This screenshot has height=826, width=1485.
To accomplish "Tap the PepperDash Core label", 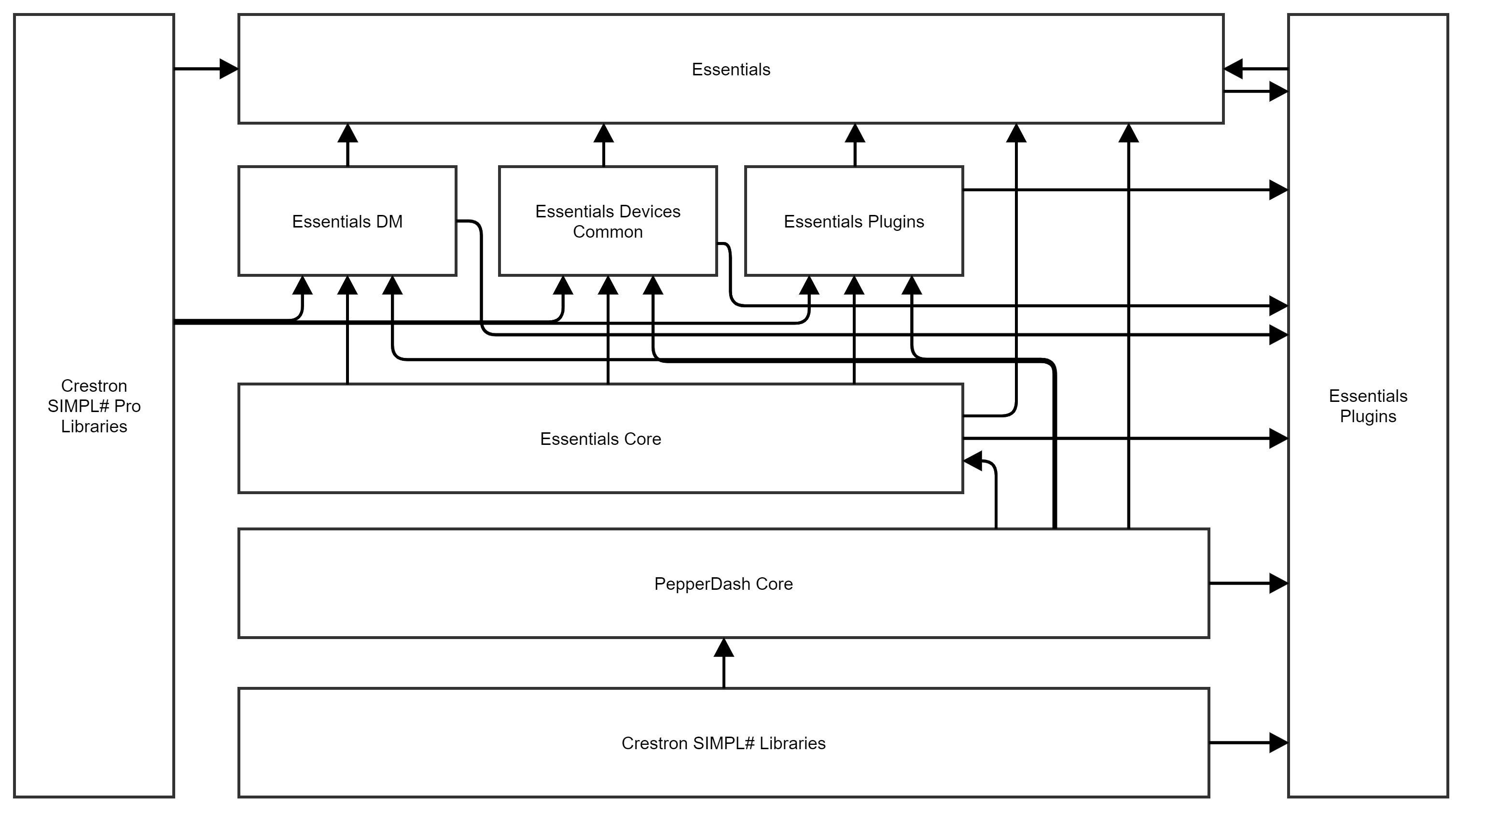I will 723,584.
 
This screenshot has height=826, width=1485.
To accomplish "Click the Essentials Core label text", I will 600,439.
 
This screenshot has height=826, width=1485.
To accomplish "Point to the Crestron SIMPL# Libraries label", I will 723,743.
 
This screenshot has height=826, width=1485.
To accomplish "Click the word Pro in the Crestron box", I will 127,406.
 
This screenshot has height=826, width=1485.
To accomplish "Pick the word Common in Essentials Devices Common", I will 608,232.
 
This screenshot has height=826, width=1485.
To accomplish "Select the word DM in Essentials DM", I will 389,222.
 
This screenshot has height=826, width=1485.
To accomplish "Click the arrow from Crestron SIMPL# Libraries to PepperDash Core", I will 723,663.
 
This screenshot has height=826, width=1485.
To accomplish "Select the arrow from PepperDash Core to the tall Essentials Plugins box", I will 1249,583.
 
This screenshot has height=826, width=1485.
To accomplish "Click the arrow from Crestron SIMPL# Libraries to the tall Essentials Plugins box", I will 1249,743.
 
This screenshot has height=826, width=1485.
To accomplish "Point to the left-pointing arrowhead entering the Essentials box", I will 1234,69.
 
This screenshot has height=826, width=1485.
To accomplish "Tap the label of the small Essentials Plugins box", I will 853,222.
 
